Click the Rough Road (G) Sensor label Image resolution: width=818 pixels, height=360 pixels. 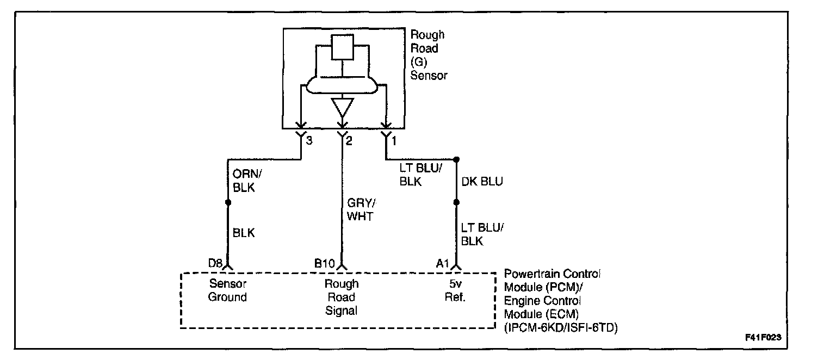pos(428,55)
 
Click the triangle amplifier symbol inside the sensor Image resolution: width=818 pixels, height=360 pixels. pos(342,107)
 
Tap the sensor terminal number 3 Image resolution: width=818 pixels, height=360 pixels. pos(309,141)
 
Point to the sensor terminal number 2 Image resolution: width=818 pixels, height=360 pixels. pos(349,141)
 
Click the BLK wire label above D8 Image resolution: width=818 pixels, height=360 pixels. pos(244,233)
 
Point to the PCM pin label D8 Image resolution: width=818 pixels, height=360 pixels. pos(215,264)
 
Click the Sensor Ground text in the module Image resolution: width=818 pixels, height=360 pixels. pos(228,290)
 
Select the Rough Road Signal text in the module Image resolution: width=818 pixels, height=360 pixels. pos(342,297)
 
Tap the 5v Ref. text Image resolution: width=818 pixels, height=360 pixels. pos(456,290)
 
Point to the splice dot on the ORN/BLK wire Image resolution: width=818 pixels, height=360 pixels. pos(228,202)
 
